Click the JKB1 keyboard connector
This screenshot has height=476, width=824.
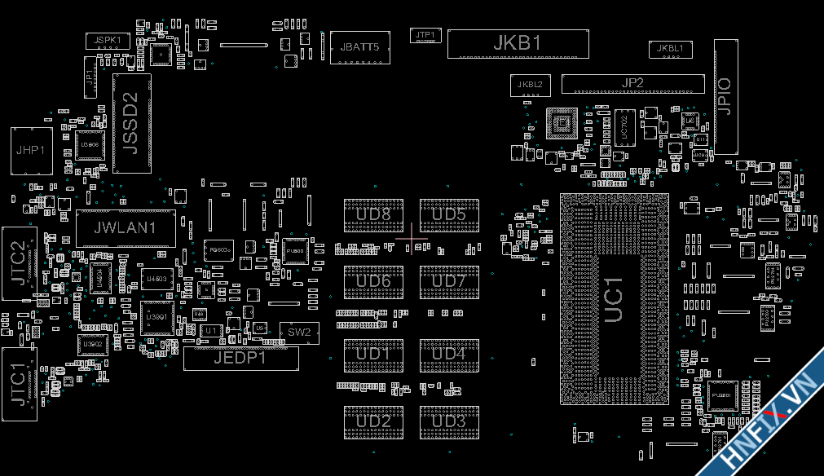click(x=518, y=43)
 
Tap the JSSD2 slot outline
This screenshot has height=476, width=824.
click(x=131, y=123)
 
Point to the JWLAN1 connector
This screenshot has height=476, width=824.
click(x=126, y=228)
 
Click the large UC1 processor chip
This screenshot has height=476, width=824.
click(x=614, y=300)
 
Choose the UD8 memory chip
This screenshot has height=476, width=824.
click(x=374, y=214)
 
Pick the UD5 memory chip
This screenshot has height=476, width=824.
click(x=449, y=214)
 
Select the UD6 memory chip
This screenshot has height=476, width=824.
click(x=374, y=281)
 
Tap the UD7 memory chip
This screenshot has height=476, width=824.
click(x=449, y=281)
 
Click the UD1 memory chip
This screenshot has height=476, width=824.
click(x=374, y=355)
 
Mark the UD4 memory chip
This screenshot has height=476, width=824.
click(x=449, y=355)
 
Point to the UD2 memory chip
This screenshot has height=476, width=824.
click(x=374, y=421)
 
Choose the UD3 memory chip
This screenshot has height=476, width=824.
click(x=449, y=421)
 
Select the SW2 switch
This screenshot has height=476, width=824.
click(x=299, y=332)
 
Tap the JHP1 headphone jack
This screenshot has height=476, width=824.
click(x=32, y=150)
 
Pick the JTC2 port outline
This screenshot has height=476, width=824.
click(x=18, y=263)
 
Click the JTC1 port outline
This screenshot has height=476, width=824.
click(x=18, y=384)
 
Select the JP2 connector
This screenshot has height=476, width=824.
click(x=632, y=83)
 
